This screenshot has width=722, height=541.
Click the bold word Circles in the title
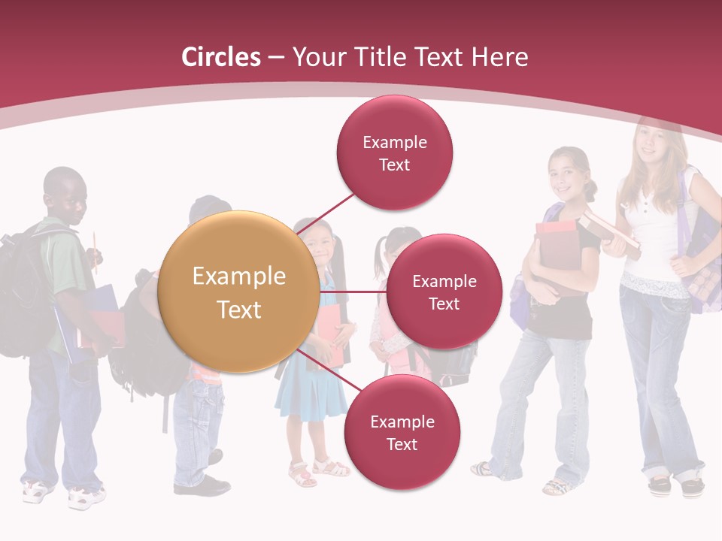(220, 57)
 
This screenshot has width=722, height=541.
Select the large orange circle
(239, 292)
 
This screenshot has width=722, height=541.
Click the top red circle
(394, 153)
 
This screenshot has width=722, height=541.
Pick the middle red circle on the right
(444, 292)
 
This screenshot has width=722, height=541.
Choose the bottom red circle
(402, 432)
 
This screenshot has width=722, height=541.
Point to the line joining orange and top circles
(327, 212)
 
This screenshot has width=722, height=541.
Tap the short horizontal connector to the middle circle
(353, 292)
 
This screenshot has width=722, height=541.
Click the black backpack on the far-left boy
(23, 293)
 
